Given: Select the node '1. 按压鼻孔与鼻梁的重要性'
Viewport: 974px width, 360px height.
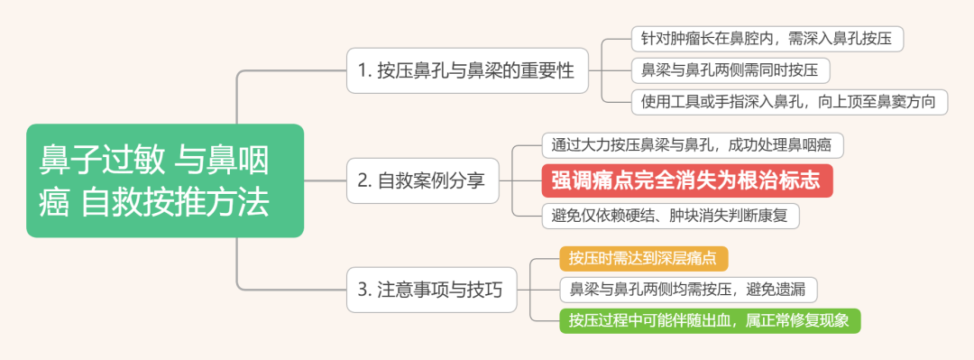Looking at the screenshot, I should click(465, 71).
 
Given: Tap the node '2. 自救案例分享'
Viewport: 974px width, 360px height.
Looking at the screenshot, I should click(422, 180).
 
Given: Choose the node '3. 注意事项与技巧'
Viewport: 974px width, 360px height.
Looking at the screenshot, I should click(431, 290).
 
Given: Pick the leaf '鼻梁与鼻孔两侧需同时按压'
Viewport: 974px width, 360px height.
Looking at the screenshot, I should click(730, 69).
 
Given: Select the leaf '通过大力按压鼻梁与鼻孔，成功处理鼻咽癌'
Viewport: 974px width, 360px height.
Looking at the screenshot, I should click(692, 144).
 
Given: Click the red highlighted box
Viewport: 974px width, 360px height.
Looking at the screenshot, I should click(686, 180).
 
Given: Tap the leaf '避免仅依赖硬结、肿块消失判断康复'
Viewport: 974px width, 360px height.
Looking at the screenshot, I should click(670, 216).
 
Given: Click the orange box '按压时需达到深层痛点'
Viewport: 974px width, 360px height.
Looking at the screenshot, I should click(643, 258).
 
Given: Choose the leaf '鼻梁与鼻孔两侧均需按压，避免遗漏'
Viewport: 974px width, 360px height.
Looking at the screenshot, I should click(688, 290).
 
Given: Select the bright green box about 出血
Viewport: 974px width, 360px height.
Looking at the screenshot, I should click(709, 320).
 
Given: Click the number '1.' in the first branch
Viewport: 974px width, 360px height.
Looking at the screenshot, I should click(363, 71).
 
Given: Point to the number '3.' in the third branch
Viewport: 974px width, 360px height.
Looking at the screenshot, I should click(364, 290).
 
